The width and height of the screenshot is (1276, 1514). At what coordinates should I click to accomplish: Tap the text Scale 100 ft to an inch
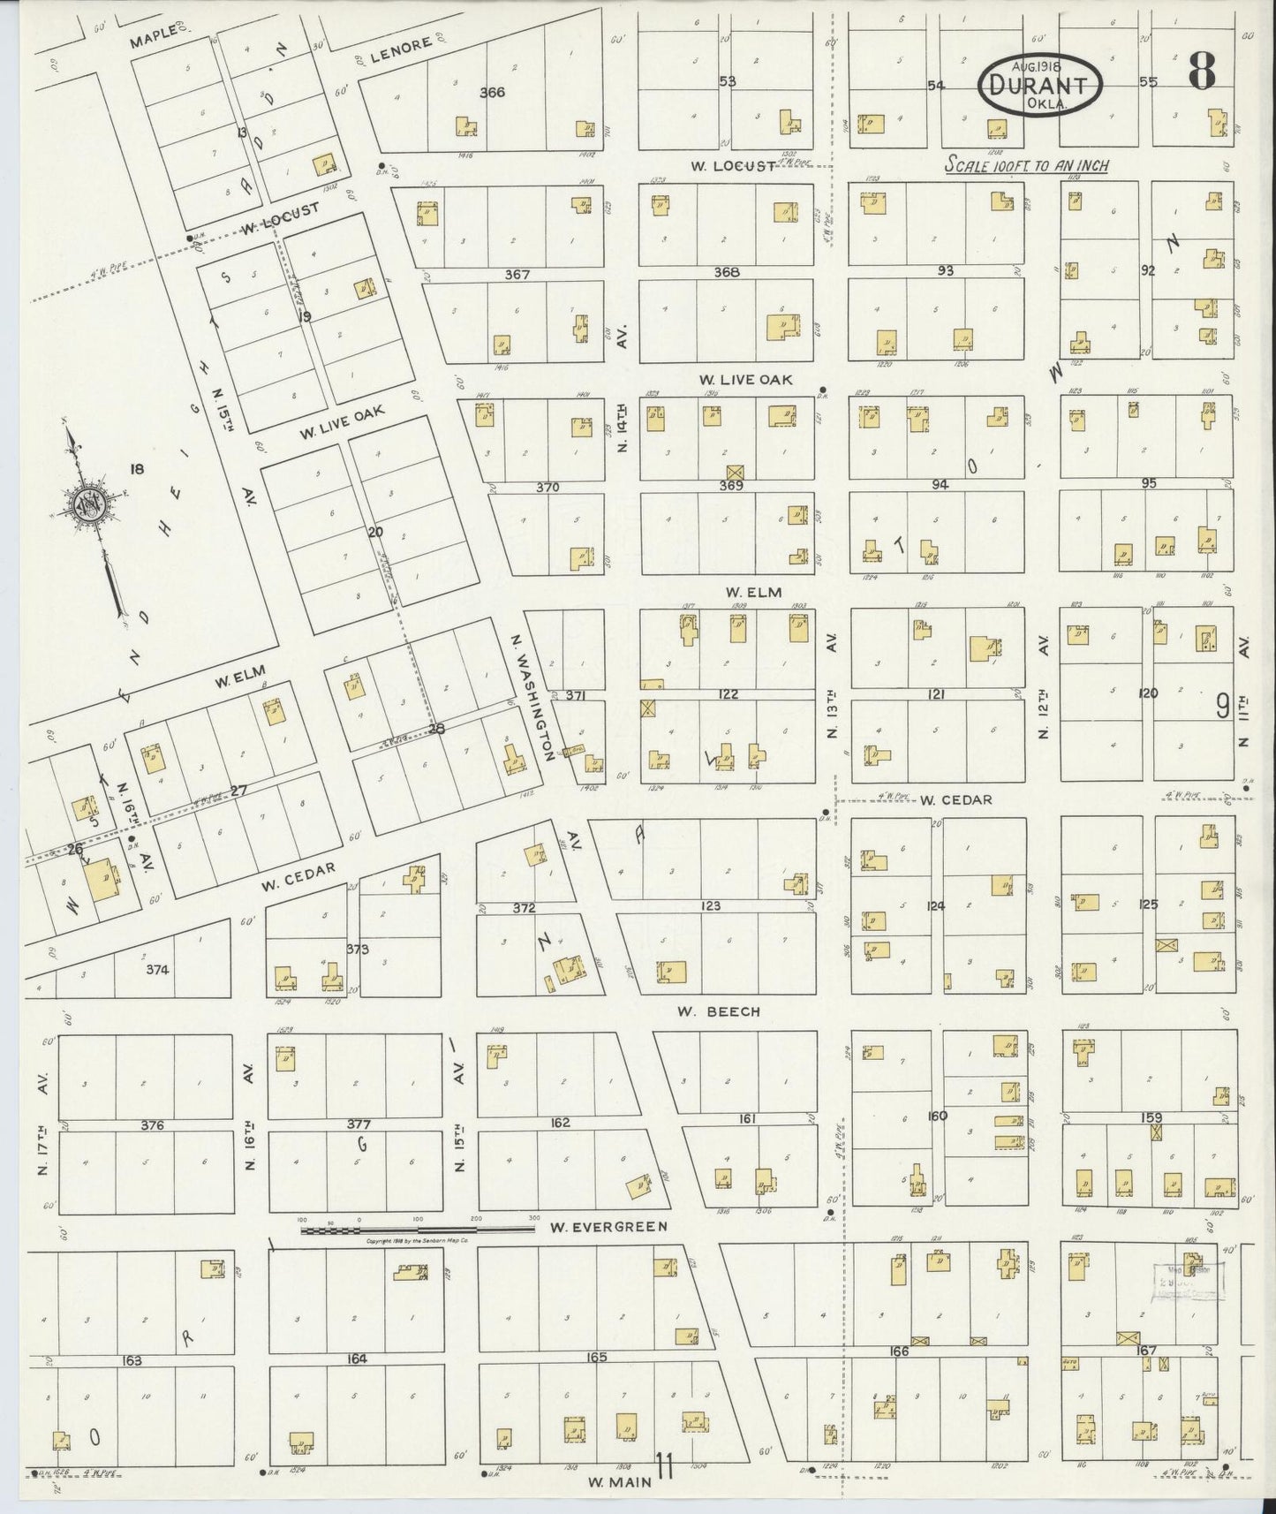point(1026,165)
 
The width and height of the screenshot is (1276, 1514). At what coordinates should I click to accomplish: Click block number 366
point(492,92)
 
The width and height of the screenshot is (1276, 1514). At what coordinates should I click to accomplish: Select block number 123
point(711,905)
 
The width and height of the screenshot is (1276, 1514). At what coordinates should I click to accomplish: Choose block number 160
point(937,1116)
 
